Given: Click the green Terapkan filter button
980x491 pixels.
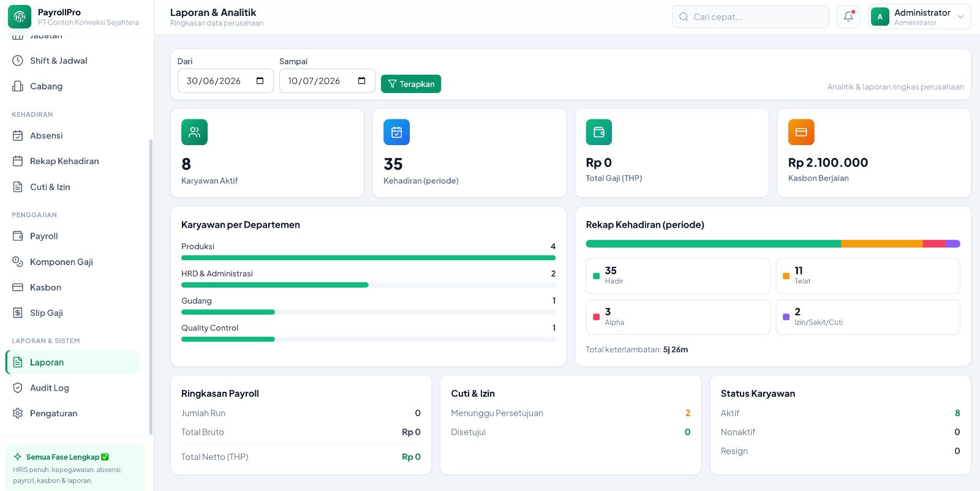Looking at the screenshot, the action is [411, 83].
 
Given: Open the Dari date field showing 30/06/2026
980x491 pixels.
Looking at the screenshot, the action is [225, 80].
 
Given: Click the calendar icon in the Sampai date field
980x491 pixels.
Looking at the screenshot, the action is [361, 80].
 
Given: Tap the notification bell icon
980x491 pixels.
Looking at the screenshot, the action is [848, 17].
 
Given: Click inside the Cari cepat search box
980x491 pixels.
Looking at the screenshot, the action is [750, 17].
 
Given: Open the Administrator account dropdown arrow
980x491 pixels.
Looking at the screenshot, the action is [960, 17].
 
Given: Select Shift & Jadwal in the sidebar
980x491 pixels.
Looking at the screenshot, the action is [59, 61].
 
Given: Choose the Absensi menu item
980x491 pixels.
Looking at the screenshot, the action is [47, 135].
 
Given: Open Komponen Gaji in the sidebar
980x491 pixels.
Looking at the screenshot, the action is [61, 261].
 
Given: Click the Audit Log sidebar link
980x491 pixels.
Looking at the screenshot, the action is [50, 388].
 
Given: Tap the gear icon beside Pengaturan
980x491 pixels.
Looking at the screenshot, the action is [18, 413].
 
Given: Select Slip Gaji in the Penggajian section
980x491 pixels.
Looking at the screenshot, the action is [47, 313].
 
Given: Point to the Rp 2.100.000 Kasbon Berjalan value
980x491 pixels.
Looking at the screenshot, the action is [828, 162].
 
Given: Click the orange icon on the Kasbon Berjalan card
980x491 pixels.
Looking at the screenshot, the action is [801, 132].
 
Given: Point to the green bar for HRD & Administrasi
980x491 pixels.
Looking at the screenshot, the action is [275, 285].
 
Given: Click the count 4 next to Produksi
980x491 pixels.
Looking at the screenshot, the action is [553, 246].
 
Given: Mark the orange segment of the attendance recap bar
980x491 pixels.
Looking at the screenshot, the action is [882, 244].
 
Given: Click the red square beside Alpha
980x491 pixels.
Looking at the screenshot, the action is [596, 317].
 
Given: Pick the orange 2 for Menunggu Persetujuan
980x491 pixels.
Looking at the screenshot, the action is [688, 413].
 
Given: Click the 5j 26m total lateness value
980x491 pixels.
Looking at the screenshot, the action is [676, 350].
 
